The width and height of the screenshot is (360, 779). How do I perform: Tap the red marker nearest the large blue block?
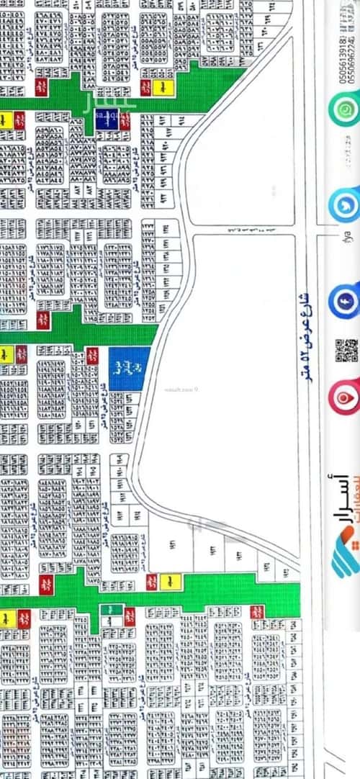click(92, 355)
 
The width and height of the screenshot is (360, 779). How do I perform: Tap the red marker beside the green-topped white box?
click(130, 616)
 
